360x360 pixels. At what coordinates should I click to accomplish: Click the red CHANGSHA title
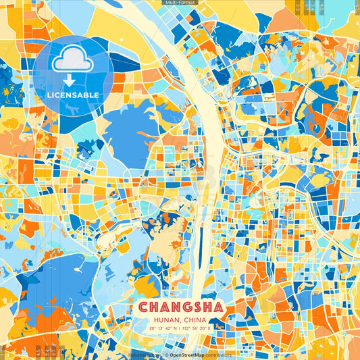180,307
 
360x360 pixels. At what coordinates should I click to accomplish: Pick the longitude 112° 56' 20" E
196,328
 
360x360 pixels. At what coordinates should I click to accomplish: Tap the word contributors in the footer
219,355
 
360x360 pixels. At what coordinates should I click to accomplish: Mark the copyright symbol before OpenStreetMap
166,355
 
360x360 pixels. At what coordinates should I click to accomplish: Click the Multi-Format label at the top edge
180,3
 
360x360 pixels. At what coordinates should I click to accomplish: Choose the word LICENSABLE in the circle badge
73,95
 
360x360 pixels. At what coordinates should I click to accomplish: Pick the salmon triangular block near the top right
284,20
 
